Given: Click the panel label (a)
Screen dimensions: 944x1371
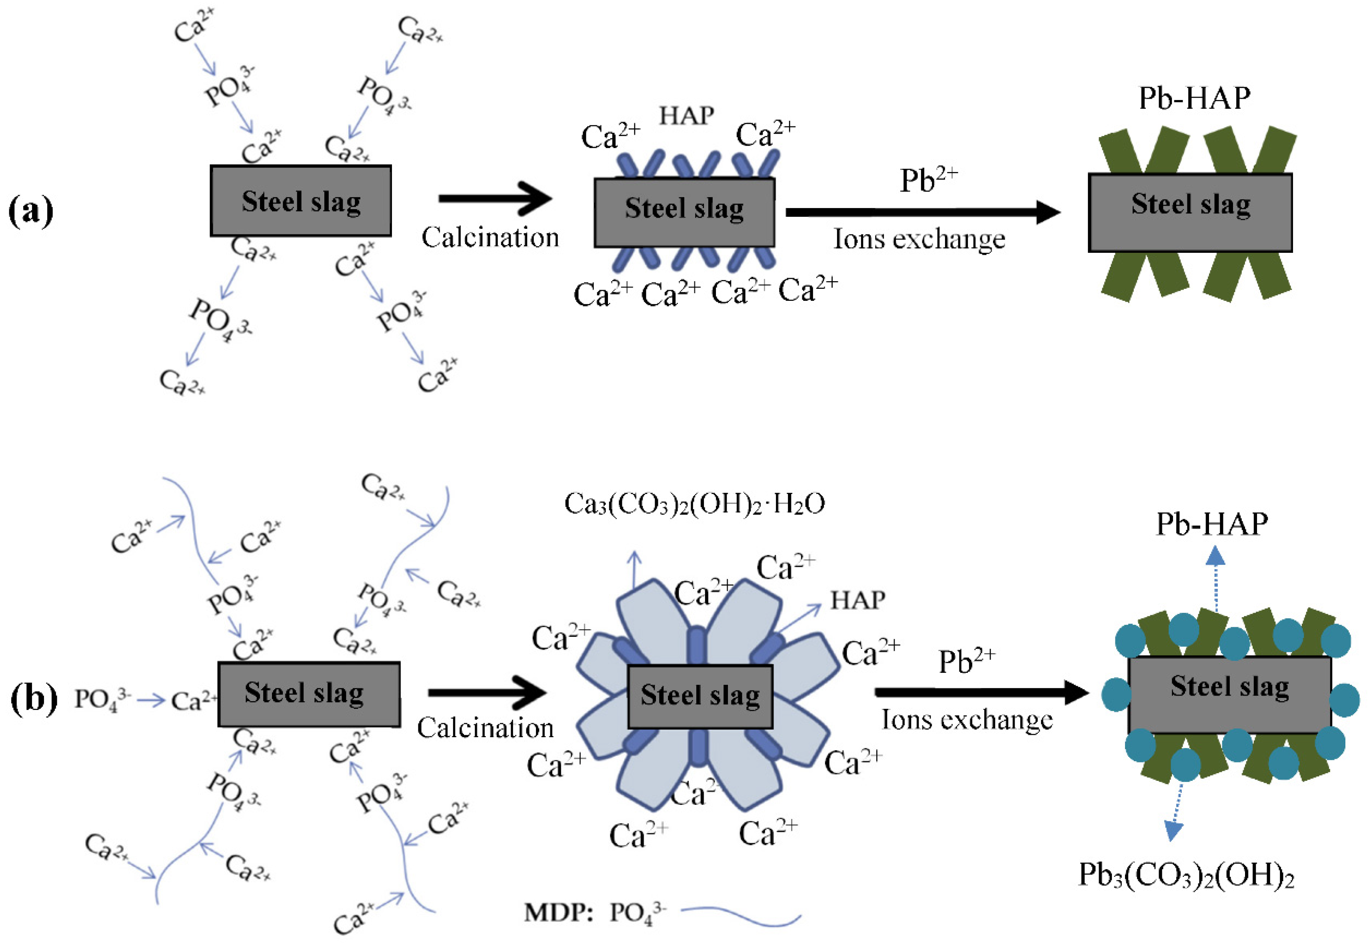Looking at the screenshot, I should coord(31,211).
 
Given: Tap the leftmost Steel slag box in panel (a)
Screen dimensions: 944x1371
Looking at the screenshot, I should coord(300,201).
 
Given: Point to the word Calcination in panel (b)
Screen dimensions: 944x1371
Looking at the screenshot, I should coord(485,728).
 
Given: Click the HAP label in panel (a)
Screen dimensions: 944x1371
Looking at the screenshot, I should coord(686,115).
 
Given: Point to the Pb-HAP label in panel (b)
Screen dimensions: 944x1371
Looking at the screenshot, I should coord(1212,524).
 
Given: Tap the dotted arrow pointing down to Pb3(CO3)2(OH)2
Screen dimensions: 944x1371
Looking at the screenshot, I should coord(1176,811).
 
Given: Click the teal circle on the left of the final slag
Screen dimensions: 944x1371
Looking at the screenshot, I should coord(1117,695).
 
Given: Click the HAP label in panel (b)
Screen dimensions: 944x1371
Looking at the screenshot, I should coord(857,600).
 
